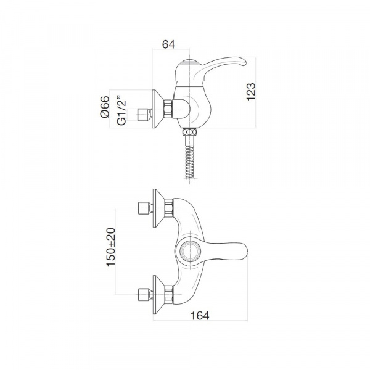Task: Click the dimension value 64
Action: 168,44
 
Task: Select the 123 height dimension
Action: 251,92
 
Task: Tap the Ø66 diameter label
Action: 105,107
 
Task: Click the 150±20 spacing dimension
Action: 111,247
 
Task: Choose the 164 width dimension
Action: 200,316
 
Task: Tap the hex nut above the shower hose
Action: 189,132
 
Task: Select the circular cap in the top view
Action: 190,251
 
